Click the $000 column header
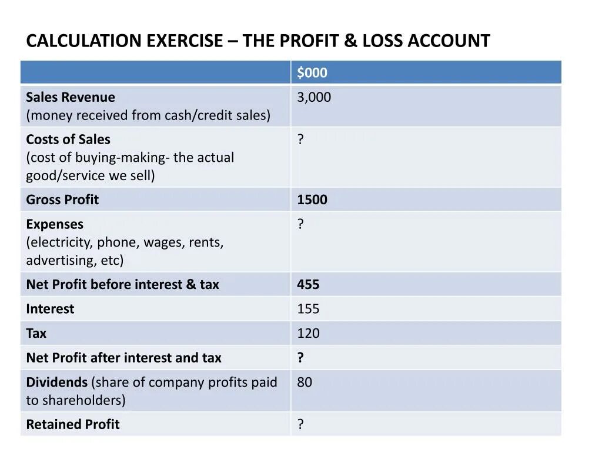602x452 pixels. pos(312,73)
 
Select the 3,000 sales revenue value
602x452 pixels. pos(314,97)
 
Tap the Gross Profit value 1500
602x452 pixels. pos(312,200)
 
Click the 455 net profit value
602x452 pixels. pos(308,284)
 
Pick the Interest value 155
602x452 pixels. pos(308,309)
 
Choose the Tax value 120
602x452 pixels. pos(308,333)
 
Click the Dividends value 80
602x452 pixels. pos(305,382)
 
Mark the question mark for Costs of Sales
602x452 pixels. pos(300,139)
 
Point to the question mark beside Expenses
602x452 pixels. pos(300,224)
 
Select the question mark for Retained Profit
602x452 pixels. pos(300,424)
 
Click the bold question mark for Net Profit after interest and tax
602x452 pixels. pos(300,358)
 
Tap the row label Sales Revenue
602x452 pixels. pos(71,97)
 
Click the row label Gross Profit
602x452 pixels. pos(62,200)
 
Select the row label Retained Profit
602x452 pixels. pos(72,424)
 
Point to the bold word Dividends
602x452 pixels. pos(56,382)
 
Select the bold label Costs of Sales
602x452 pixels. pos(68,139)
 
